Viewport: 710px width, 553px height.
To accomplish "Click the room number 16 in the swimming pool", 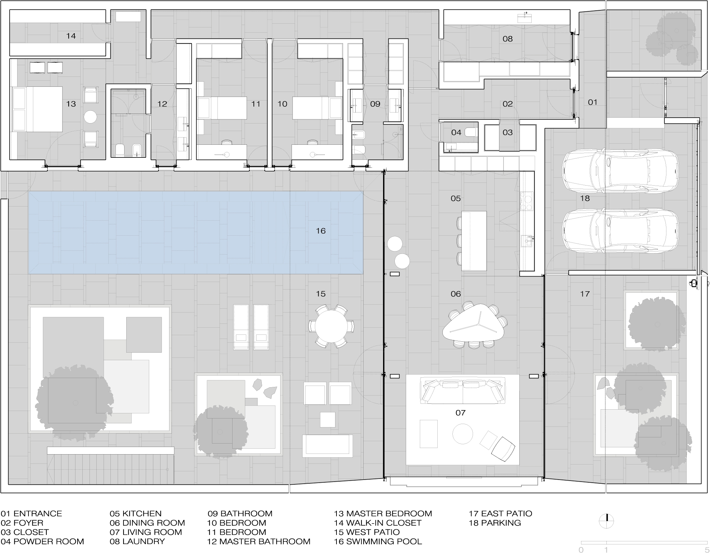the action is tap(321, 231).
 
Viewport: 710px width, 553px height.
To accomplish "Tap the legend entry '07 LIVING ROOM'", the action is tap(146, 532).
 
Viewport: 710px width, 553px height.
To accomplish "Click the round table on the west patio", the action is tap(331, 326).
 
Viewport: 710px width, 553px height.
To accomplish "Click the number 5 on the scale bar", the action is tap(706, 550).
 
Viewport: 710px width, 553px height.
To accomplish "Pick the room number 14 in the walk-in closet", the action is tap(71, 36).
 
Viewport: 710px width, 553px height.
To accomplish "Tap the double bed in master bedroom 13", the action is tap(37, 109).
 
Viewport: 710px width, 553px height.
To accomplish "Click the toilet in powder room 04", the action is tap(470, 132).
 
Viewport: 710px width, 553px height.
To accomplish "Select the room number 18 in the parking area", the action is tap(585, 198).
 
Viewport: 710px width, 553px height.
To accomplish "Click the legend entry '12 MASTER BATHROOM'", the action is tap(259, 541).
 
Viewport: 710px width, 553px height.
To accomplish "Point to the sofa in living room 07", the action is tap(463, 390).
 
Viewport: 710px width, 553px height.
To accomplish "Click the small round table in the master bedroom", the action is tap(91, 117).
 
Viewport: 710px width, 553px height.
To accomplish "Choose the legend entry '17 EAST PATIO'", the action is tap(500, 514).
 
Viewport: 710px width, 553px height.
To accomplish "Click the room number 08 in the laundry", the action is tap(508, 39).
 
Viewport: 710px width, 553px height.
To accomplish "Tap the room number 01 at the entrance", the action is tap(593, 102).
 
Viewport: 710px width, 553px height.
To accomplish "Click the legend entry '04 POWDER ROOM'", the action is tap(42, 541).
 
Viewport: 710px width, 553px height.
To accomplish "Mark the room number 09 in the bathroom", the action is tap(375, 104).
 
